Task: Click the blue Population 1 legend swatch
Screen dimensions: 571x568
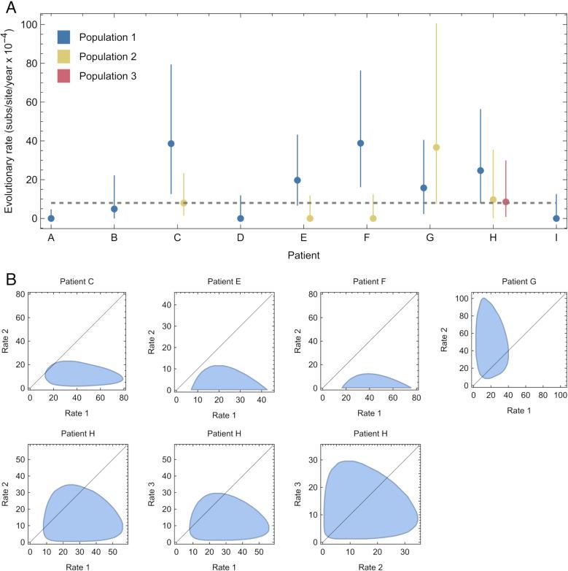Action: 64,37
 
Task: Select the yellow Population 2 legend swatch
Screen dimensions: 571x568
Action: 64,56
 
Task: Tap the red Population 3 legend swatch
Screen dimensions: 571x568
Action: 64,76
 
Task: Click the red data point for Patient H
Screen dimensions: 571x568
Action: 505,202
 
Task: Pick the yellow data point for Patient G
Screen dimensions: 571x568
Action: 436,147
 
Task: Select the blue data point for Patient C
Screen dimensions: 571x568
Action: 171,144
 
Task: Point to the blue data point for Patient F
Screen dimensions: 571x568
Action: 360,143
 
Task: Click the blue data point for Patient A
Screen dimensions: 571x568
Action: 51,218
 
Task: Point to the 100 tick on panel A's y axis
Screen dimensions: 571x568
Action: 29,25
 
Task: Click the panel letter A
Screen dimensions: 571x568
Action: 10,9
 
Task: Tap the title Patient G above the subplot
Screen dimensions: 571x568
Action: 509,281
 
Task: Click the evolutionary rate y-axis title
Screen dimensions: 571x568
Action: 9,121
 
